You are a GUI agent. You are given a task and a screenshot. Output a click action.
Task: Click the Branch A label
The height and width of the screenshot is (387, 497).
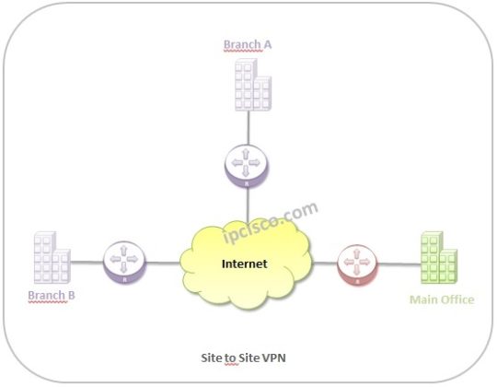pos(248,43)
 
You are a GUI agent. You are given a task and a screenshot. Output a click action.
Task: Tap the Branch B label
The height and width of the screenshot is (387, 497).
pos(52,296)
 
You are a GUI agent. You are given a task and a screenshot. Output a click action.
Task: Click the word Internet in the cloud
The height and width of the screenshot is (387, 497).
pos(246,264)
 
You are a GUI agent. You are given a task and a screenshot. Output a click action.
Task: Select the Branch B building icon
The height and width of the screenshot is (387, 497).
pos(52,258)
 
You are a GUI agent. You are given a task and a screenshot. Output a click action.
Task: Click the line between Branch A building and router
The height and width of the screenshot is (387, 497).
pos(247,126)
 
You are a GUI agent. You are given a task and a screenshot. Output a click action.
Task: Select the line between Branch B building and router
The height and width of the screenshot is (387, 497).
pos(87,263)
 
